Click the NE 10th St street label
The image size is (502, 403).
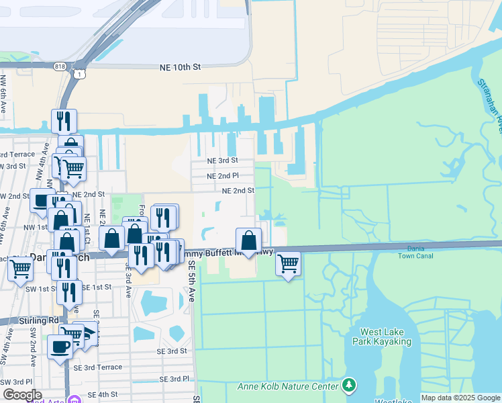pyautogui.click(x=181, y=68)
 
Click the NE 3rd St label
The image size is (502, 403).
pyautogui.click(x=222, y=161)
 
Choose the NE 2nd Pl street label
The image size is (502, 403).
pyautogui.click(x=222, y=175)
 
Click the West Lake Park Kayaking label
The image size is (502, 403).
pyautogui.click(x=385, y=337)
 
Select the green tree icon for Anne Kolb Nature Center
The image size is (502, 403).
pyautogui.click(x=348, y=385)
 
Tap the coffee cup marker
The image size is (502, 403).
pyautogui.click(x=60, y=347)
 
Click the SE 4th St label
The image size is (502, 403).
pyautogui.click(x=103, y=394)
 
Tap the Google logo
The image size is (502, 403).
pyautogui.click(x=22, y=396)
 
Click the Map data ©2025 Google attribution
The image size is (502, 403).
pyautogui.click(x=460, y=398)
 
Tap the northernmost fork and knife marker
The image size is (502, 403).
pyautogui.click(x=64, y=121)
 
